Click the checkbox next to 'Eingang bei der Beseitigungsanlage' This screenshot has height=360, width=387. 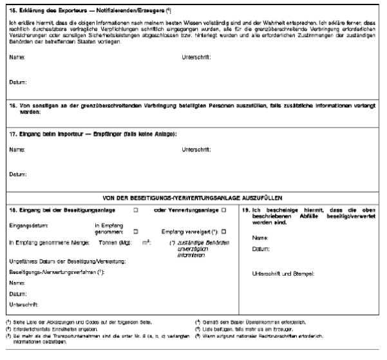pos(135,210)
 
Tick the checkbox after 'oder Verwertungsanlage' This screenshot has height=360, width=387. pos(223,210)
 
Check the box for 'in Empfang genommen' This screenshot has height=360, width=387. pos(135,231)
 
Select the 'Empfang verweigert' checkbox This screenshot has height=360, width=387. pos(223,231)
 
